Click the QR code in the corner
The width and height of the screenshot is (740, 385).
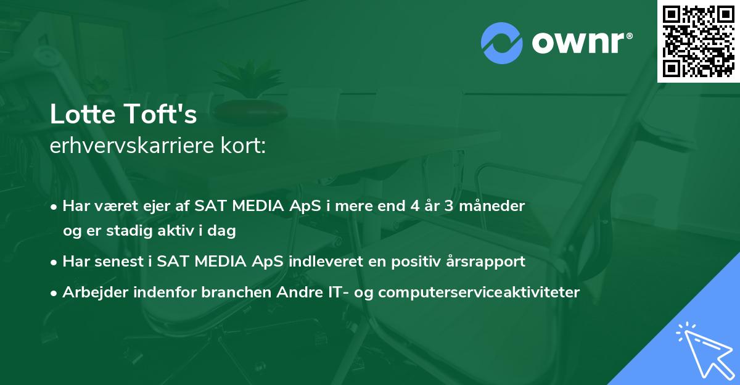(699, 41)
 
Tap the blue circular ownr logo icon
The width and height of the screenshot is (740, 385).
(501, 43)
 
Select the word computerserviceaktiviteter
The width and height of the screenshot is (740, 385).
(479, 292)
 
